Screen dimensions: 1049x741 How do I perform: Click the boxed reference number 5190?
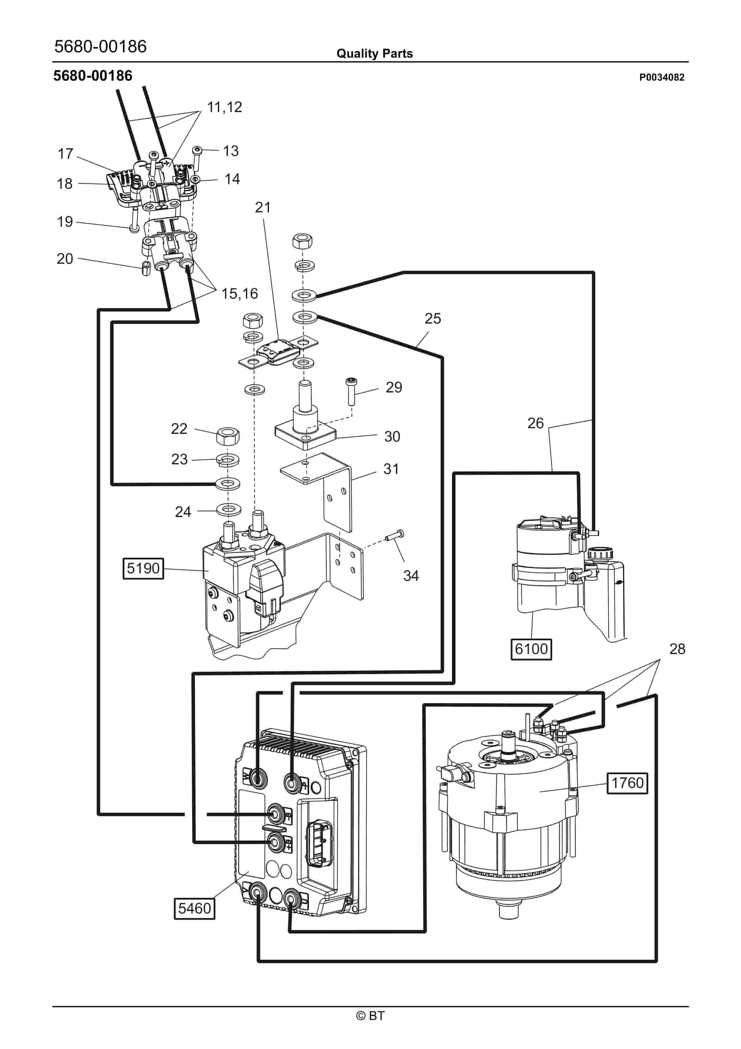tap(143, 568)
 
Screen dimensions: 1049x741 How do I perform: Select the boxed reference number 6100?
tap(531, 649)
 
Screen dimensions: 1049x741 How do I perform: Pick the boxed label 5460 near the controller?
tap(194, 908)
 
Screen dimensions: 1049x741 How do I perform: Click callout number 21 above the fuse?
tap(263, 207)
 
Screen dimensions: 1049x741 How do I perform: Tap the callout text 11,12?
tap(224, 107)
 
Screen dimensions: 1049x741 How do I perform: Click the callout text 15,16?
tap(239, 293)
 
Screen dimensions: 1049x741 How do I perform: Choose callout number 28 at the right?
tap(677, 649)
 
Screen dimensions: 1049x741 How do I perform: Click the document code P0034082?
tap(662, 77)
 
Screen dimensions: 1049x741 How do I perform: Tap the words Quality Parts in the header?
tap(374, 54)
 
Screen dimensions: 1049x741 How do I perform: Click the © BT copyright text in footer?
tap(370, 1016)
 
